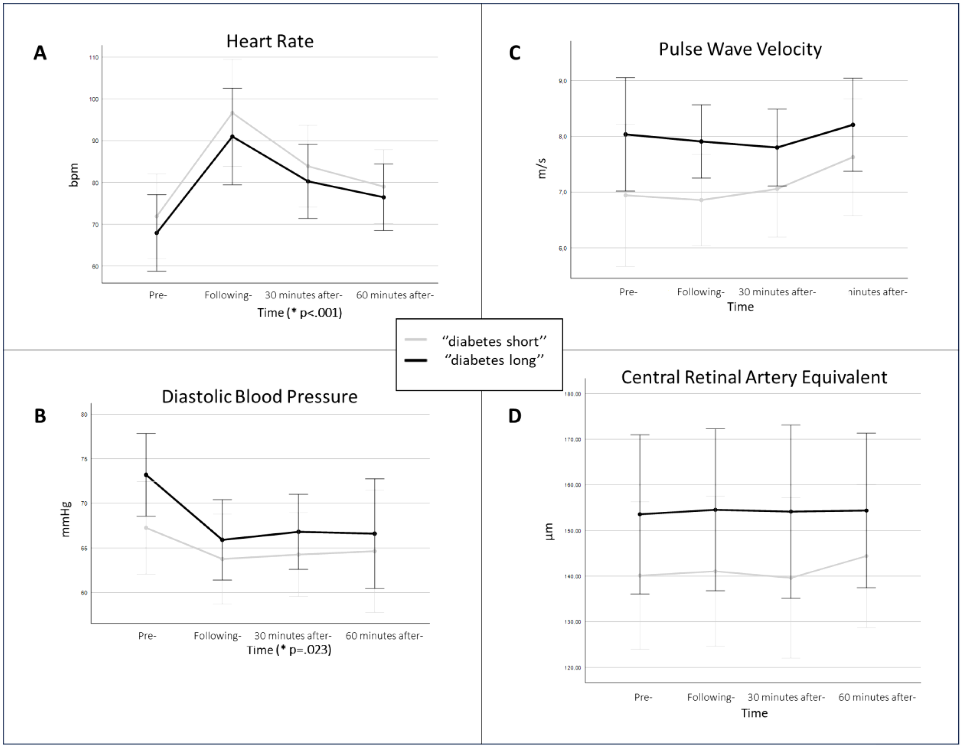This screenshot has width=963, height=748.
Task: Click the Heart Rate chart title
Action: (x=270, y=41)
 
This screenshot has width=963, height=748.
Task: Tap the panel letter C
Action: (x=515, y=53)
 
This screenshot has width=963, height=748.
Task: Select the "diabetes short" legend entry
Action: (x=494, y=341)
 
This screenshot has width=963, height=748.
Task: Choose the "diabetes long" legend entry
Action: (x=494, y=360)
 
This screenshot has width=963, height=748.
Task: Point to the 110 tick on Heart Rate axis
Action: (x=94, y=57)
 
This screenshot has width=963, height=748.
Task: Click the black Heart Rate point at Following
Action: (x=232, y=137)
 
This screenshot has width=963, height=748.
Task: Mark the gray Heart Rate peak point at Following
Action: (x=232, y=113)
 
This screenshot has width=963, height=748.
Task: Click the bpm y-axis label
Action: (x=74, y=175)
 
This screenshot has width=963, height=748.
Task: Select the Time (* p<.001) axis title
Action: (x=300, y=313)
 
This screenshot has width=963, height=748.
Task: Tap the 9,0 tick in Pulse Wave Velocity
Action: (x=563, y=81)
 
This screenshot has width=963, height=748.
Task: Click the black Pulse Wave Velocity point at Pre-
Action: (x=625, y=134)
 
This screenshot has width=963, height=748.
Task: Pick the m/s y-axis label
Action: (x=542, y=168)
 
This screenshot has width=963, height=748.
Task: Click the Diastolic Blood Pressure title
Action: (x=259, y=397)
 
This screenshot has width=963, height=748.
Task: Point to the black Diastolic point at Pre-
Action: (x=146, y=474)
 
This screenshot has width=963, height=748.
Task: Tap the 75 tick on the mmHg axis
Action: (x=84, y=459)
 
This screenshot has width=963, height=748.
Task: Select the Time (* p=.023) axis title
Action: (x=289, y=650)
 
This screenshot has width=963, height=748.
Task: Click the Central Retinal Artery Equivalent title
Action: (x=754, y=378)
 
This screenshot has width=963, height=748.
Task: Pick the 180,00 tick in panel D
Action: (x=572, y=394)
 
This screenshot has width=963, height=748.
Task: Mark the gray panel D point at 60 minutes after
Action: (x=866, y=556)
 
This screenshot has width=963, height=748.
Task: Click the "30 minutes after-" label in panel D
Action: (x=786, y=697)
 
